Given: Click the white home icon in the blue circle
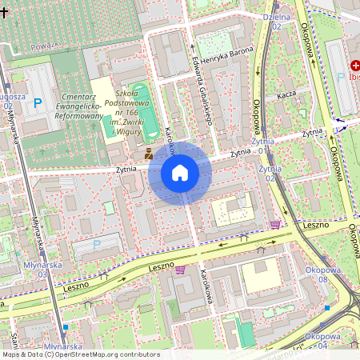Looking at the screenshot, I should tap(180, 173).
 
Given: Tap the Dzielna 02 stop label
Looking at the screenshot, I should tap(276, 21).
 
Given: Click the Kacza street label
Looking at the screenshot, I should tap(286, 94).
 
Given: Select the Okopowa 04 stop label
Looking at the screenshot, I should tap(322, 341).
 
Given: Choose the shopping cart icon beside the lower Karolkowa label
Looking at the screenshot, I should tap(180, 270).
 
